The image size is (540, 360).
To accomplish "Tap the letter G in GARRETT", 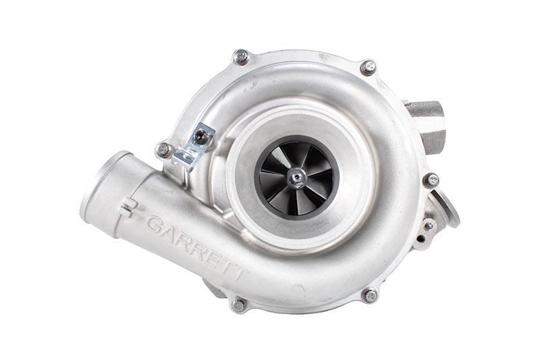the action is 155,225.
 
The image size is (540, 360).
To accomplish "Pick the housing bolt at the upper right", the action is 369,67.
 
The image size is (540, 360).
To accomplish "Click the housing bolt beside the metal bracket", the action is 164,150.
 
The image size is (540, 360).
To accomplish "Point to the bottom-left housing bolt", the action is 238,305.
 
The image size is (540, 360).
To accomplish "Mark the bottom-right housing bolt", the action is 370,296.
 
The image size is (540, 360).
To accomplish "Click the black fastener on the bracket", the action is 200,138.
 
